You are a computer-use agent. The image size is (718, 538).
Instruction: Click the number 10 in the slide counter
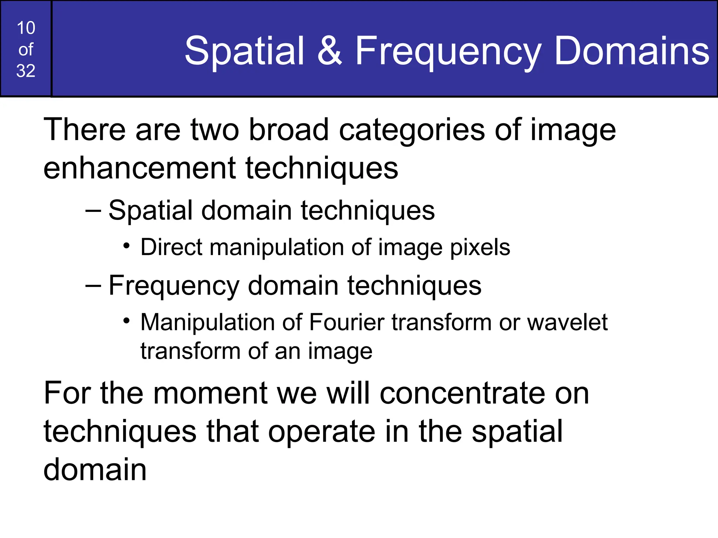click(x=26, y=28)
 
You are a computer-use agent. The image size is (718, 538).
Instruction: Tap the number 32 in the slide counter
click(x=26, y=71)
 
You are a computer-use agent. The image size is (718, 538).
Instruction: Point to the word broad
click(x=289, y=130)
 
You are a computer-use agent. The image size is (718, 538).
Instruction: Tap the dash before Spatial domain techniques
click(x=93, y=211)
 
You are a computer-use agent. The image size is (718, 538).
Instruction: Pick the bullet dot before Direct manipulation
click(x=127, y=246)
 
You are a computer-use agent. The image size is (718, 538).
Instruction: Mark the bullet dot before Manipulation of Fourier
click(x=127, y=320)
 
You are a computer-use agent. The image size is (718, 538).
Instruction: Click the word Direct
click(x=171, y=247)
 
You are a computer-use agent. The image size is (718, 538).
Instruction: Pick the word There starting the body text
click(x=84, y=130)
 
